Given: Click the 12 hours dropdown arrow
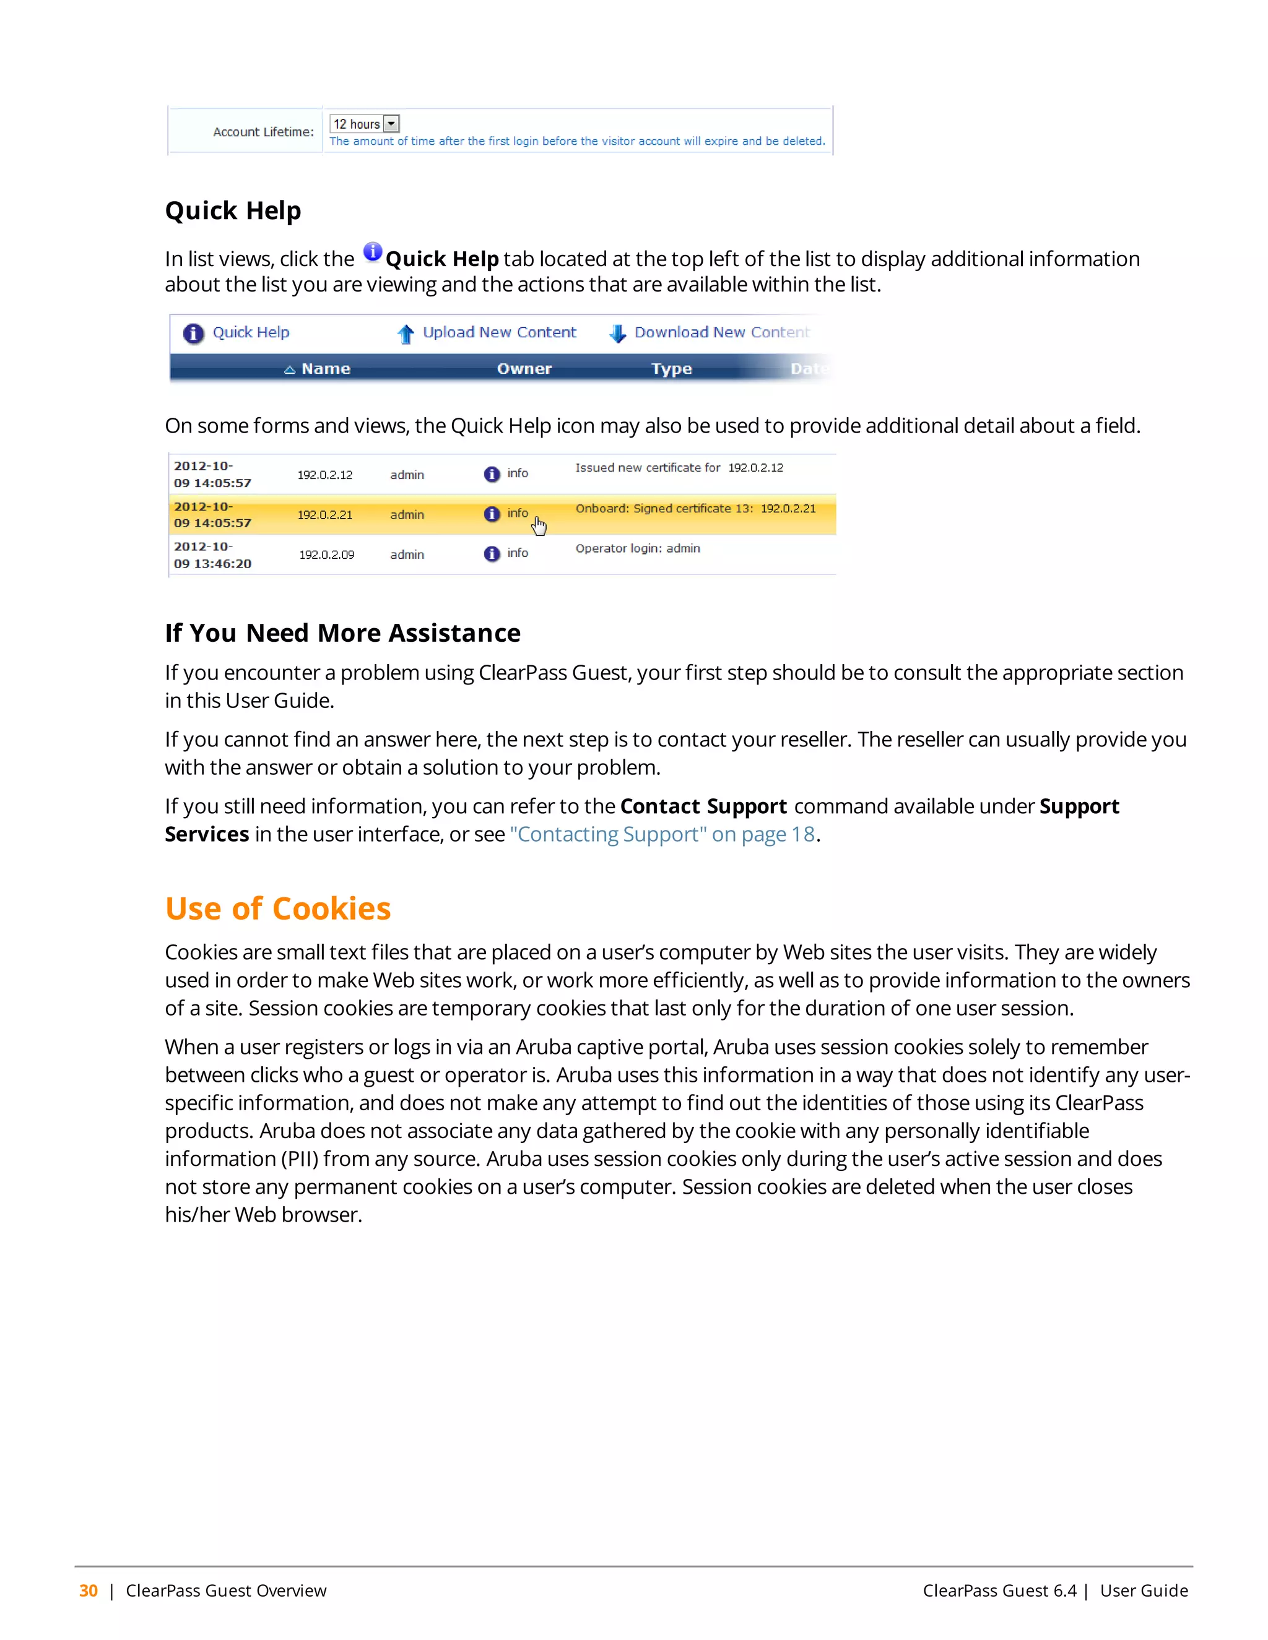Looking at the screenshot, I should [x=391, y=124].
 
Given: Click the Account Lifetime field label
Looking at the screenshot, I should [x=263, y=132].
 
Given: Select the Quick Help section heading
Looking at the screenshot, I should [x=233, y=211].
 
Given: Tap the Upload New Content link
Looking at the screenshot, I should [x=499, y=333].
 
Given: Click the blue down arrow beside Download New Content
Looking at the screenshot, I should [x=617, y=334].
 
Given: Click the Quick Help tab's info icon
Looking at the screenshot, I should [x=194, y=334].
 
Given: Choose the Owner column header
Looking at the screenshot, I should [x=524, y=369].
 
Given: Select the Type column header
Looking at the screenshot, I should [x=671, y=369].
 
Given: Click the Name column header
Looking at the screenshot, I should [x=325, y=369].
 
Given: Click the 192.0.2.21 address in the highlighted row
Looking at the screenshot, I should [x=324, y=515].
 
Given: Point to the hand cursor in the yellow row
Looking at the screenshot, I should [x=539, y=527].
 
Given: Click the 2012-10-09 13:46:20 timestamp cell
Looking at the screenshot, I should [x=212, y=555].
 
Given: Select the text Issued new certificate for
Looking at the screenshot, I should [x=648, y=468].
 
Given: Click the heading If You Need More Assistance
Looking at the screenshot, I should [x=342, y=633].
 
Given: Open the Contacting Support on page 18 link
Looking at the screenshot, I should [x=662, y=834].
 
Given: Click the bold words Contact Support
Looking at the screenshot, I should [x=703, y=806].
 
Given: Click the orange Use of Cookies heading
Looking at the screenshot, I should [x=278, y=908].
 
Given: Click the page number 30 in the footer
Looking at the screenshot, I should [x=89, y=1590].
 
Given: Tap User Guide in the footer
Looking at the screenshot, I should [x=1144, y=1590].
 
